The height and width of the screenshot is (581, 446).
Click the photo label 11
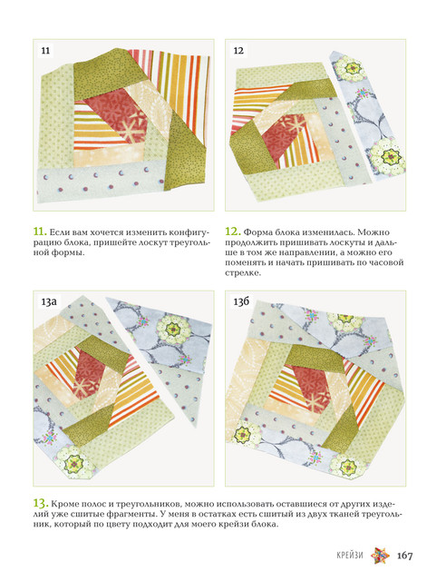pyautogui.click(x=45, y=51)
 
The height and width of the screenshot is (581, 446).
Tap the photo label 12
pyautogui.click(x=238, y=51)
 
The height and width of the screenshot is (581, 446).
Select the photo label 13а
pyautogui.click(x=49, y=301)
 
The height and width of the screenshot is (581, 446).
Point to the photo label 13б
pyautogui.click(x=241, y=301)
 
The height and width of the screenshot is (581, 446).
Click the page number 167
pyautogui.click(x=405, y=556)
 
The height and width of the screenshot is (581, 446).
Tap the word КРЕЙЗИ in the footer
pyautogui.click(x=350, y=556)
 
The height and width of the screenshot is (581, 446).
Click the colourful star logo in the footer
pyautogui.click(x=380, y=556)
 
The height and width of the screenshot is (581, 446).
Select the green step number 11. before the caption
pyautogui.click(x=40, y=231)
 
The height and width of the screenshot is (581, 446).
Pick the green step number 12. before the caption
pyautogui.click(x=233, y=231)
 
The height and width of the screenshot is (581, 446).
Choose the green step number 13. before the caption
pyautogui.click(x=41, y=504)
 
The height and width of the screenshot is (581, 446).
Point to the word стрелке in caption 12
pyautogui.click(x=242, y=273)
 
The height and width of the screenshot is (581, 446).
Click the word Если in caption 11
pyautogui.click(x=57, y=232)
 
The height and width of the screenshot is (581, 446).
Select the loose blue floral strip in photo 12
pyautogui.click(x=367, y=115)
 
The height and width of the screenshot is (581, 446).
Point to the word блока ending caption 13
pyautogui.click(x=264, y=525)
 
